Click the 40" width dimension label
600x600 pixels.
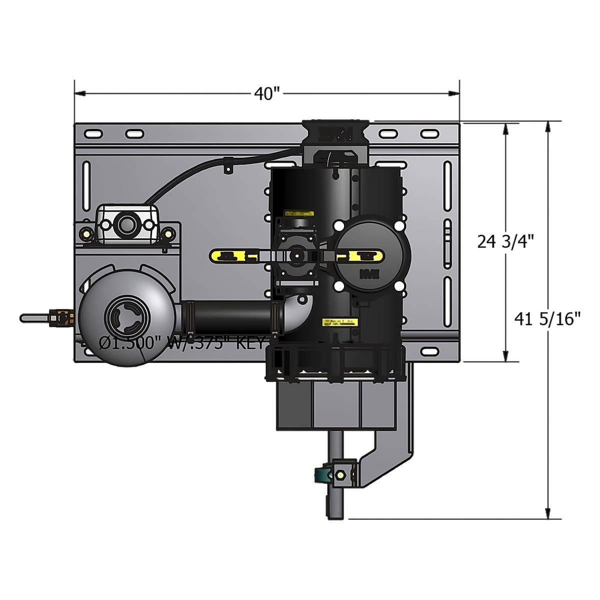(x=266, y=93)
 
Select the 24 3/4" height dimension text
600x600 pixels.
(x=505, y=241)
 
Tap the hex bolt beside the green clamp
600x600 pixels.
(x=341, y=474)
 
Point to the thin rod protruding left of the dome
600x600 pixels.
(x=35, y=317)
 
